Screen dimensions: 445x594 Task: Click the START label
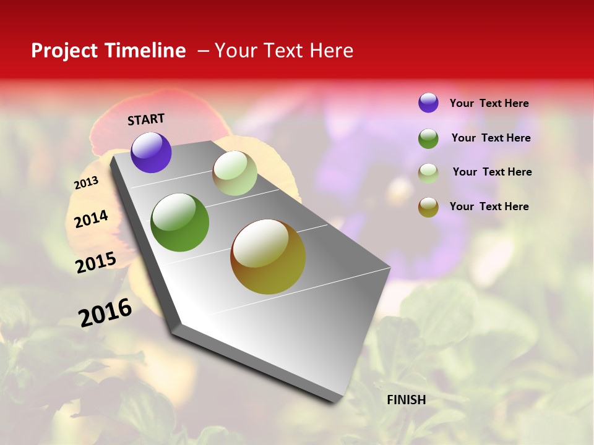point(146,119)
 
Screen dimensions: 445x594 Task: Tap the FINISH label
point(406,400)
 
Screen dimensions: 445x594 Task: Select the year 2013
point(86,183)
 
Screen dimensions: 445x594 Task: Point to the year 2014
point(91,219)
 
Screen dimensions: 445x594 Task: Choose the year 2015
point(96,263)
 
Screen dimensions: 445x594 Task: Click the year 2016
point(105,312)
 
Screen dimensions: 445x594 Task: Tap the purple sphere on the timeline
point(151,152)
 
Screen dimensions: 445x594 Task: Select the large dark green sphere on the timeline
point(179,222)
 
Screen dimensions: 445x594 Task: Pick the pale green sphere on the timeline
point(235,173)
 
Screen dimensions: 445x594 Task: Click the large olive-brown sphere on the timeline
point(268,256)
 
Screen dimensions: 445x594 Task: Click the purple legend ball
point(428,103)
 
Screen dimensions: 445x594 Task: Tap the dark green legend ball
point(428,138)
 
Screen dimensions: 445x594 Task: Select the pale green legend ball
point(428,173)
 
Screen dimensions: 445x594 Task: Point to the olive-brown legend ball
point(428,207)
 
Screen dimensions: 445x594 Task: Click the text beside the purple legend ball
point(489,104)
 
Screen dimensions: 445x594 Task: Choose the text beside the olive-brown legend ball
point(489,206)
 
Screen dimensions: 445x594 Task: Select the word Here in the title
point(332,51)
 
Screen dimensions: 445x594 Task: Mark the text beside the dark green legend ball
point(491,138)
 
